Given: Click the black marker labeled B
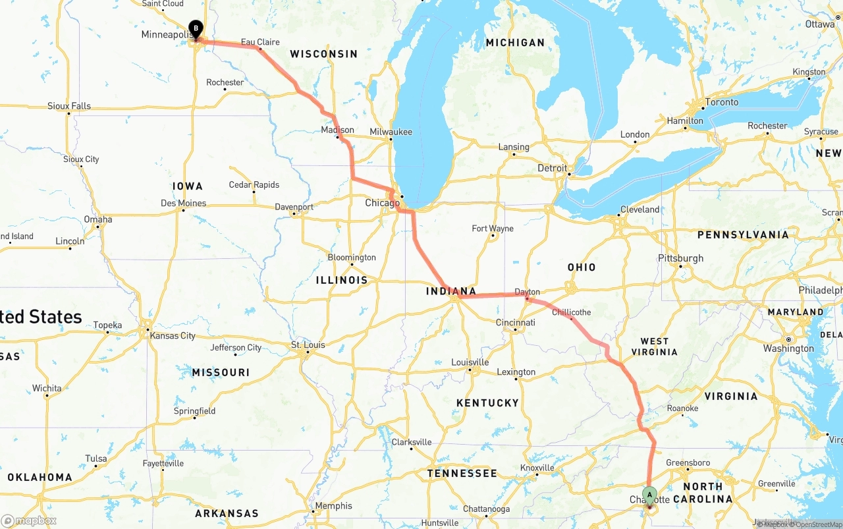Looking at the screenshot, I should tap(196, 28).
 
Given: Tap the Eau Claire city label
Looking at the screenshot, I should tap(260, 42).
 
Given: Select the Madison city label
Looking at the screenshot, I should tap(337, 130).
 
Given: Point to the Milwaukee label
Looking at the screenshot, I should tap(391, 132).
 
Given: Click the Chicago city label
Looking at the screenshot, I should tap(382, 203).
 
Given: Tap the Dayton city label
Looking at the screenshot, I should tap(527, 292).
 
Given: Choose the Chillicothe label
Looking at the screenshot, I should tap(571, 312).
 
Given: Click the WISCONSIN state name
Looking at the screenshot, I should tap(324, 54).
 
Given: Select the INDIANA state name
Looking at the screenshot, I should tap(451, 291).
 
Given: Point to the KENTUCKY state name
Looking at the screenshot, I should tap(487, 403).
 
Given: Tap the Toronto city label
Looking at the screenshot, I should tap(722, 102).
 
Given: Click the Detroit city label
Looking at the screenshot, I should tap(552, 168).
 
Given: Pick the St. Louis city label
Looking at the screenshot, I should tap(308, 345).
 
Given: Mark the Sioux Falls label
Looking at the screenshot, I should tap(69, 105).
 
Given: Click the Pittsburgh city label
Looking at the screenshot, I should tap(681, 258).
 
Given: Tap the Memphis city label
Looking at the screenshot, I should tap(333, 506).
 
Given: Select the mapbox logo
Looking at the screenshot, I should tap(29, 520).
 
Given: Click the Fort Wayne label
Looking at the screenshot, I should tap(493, 229).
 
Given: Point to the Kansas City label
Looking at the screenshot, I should tap(173, 335).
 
